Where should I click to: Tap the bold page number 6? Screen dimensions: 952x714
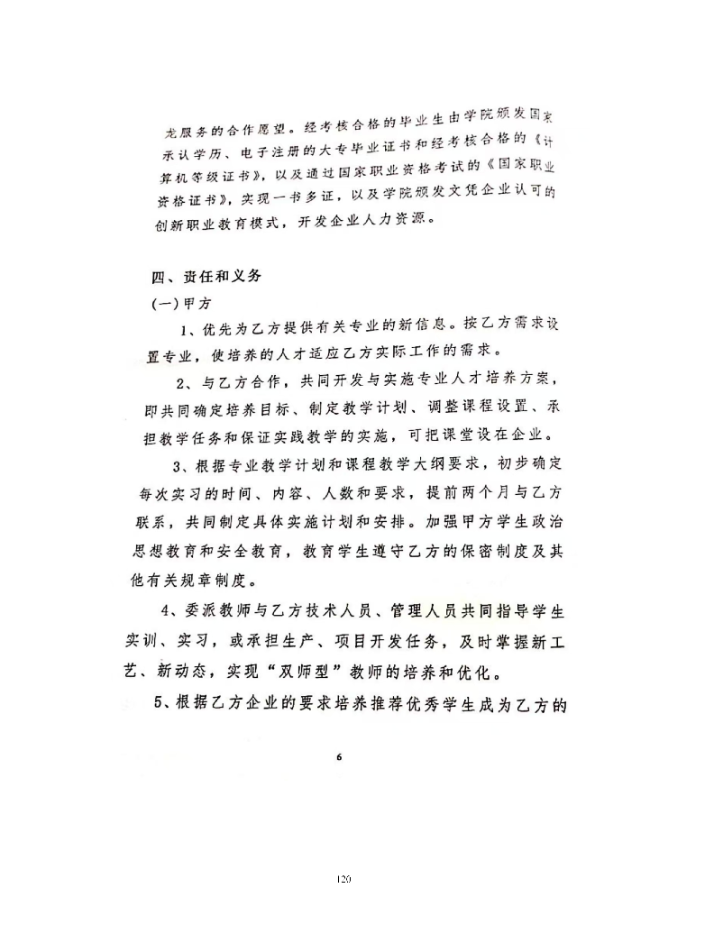coord(338,756)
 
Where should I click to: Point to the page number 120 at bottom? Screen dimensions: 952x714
coord(342,877)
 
